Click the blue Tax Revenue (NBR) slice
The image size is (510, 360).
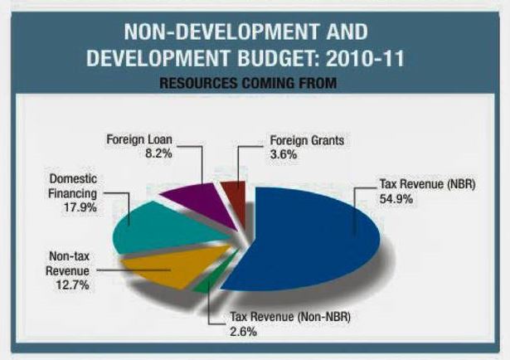tap(315, 241)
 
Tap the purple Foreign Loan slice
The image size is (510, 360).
tap(193, 199)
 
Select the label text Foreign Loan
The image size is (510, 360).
tap(136, 139)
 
